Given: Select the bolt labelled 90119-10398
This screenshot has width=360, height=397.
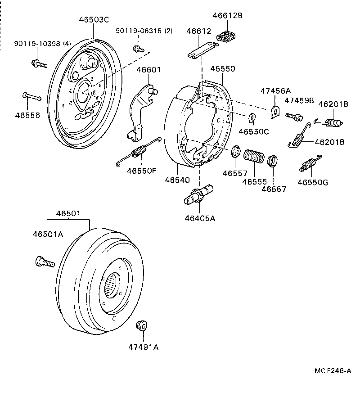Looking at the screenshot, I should (39, 63).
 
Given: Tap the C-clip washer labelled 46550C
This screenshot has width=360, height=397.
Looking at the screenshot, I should (252, 118).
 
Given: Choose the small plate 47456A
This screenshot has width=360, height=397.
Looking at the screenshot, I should (274, 111).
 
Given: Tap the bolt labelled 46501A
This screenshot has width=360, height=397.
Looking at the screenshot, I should (44, 261).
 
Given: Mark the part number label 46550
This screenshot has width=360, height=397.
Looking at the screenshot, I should (222, 68).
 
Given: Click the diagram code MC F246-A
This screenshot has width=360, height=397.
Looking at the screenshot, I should (332, 371).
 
